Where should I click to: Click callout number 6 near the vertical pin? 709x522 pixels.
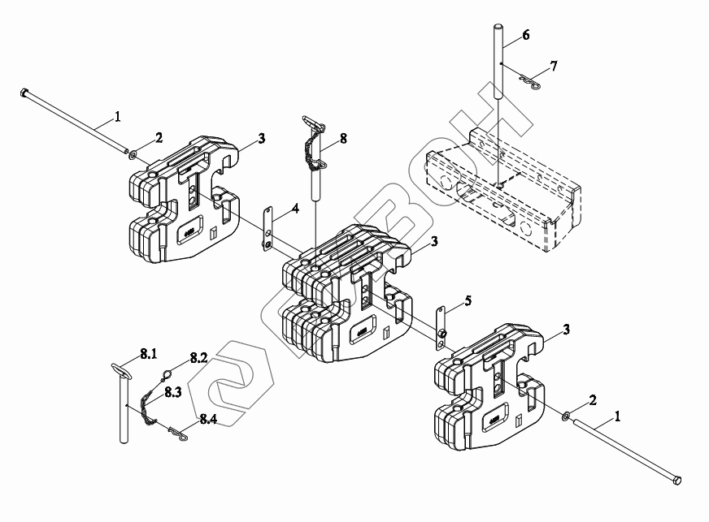click(x=525, y=35)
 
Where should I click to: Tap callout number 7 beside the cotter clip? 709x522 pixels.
click(x=553, y=66)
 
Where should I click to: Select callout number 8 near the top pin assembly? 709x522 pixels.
click(x=343, y=139)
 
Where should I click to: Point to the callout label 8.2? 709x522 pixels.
click(x=199, y=357)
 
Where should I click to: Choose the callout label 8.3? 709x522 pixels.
click(x=172, y=391)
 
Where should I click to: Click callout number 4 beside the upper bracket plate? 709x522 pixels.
click(x=295, y=209)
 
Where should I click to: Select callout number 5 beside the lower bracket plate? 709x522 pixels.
click(x=468, y=301)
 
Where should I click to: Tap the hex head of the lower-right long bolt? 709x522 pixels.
click(x=676, y=481)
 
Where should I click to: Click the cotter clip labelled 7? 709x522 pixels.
click(x=528, y=83)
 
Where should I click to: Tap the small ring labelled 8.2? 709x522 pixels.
click(x=166, y=374)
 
